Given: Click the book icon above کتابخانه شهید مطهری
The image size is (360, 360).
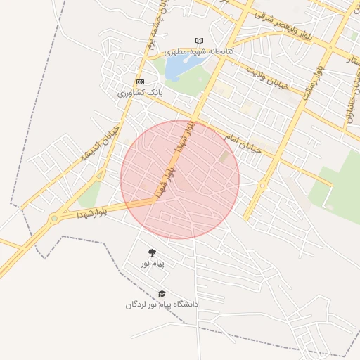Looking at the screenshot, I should pyautogui.click(x=199, y=41).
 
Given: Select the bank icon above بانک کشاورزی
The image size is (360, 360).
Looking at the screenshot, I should pyautogui.click(x=140, y=82).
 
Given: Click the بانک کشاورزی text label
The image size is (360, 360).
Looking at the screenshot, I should pyautogui.click(x=140, y=92).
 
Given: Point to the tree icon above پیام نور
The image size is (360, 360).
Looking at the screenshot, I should pyautogui.click(x=151, y=252).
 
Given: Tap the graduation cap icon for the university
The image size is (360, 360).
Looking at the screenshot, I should pyautogui.click(x=162, y=294).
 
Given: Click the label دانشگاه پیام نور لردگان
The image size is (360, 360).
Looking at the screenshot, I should pyautogui.click(x=162, y=304).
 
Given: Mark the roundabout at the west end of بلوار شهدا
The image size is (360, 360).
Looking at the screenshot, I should pyautogui.click(x=54, y=219).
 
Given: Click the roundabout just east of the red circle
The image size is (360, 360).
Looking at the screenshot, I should pyautogui.click(x=262, y=186).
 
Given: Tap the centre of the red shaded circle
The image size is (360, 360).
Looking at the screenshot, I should pyautogui.click(x=180, y=179).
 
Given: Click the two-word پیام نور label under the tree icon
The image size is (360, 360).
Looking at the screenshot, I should pyautogui.click(x=151, y=264).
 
